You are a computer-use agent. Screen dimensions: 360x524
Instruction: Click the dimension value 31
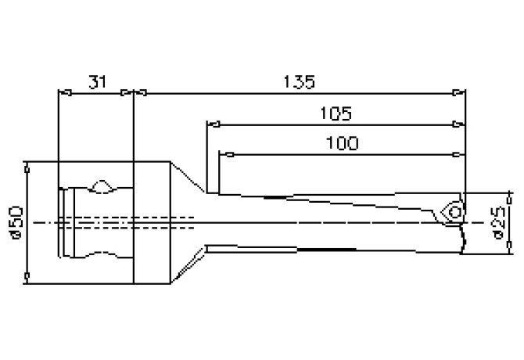[x=97, y=81]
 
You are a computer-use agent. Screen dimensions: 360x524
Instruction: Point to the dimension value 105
[x=336, y=113]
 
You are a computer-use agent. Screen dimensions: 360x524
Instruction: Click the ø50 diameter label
[x=16, y=222]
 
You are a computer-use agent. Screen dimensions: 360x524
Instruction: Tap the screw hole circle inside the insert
[x=454, y=211]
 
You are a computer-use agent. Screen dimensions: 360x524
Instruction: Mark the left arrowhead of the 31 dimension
[x=65, y=92]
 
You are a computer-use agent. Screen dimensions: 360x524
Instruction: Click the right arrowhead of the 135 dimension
[x=461, y=92]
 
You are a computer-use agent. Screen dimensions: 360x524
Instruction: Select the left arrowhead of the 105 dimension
[x=212, y=123]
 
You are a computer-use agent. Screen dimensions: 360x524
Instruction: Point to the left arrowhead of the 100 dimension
[x=224, y=153]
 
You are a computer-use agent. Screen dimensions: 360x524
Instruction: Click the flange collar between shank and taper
[x=153, y=222]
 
